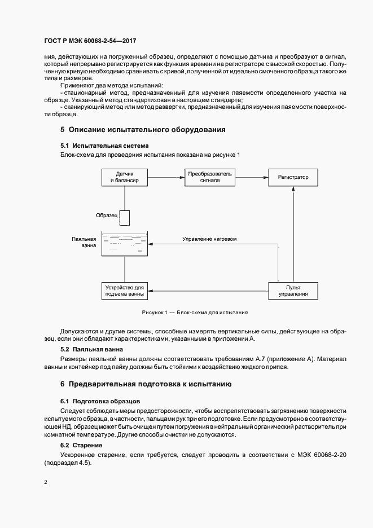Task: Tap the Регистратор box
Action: (x=293, y=177)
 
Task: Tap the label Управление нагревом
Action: (x=209, y=239)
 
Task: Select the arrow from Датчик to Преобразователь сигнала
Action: (x=166, y=177)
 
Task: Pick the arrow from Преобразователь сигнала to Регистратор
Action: (x=251, y=177)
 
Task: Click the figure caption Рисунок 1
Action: (x=195, y=312)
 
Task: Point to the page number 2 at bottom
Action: (x=45, y=483)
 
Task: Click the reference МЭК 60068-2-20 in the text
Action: (x=314, y=454)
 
